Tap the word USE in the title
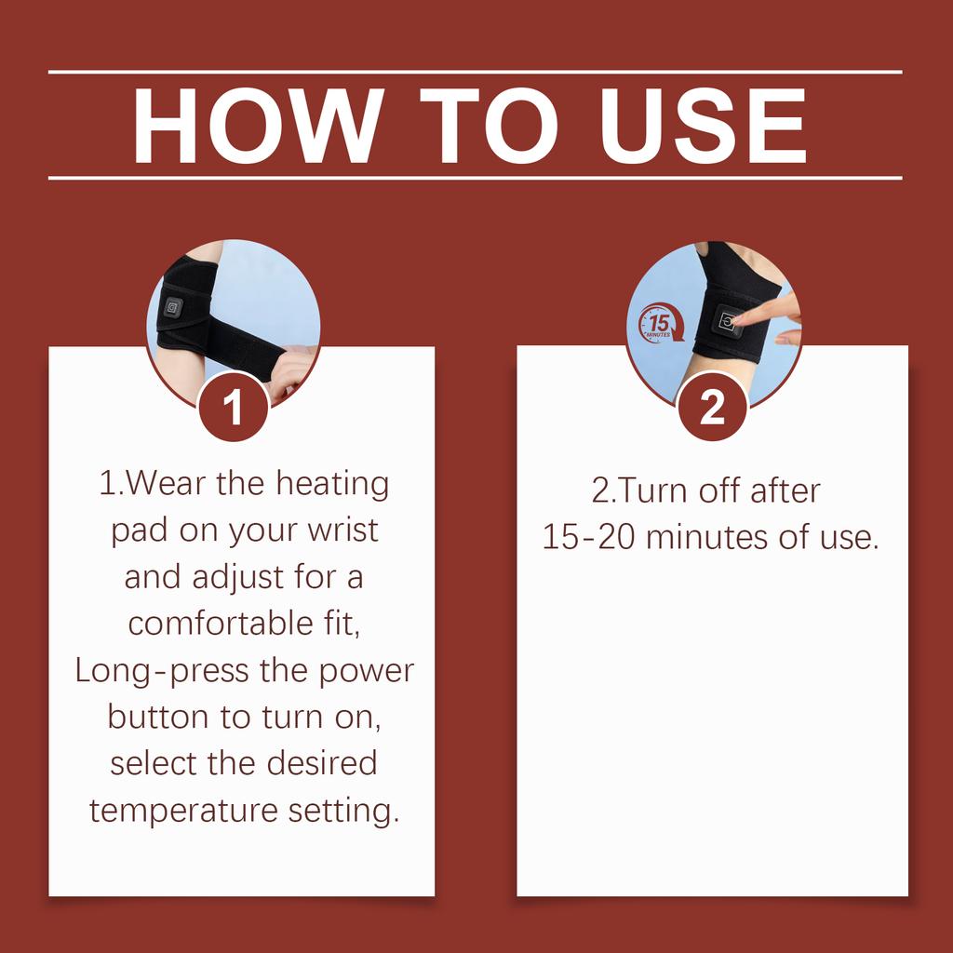click(704, 126)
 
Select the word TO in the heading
click(489, 126)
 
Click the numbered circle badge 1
click(233, 407)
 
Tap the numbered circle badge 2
click(712, 407)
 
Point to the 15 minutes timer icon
click(660, 323)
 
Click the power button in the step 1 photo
click(173, 307)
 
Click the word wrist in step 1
click(342, 530)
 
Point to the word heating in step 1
click(332, 485)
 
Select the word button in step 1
click(158, 718)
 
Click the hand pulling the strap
click(290, 370)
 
